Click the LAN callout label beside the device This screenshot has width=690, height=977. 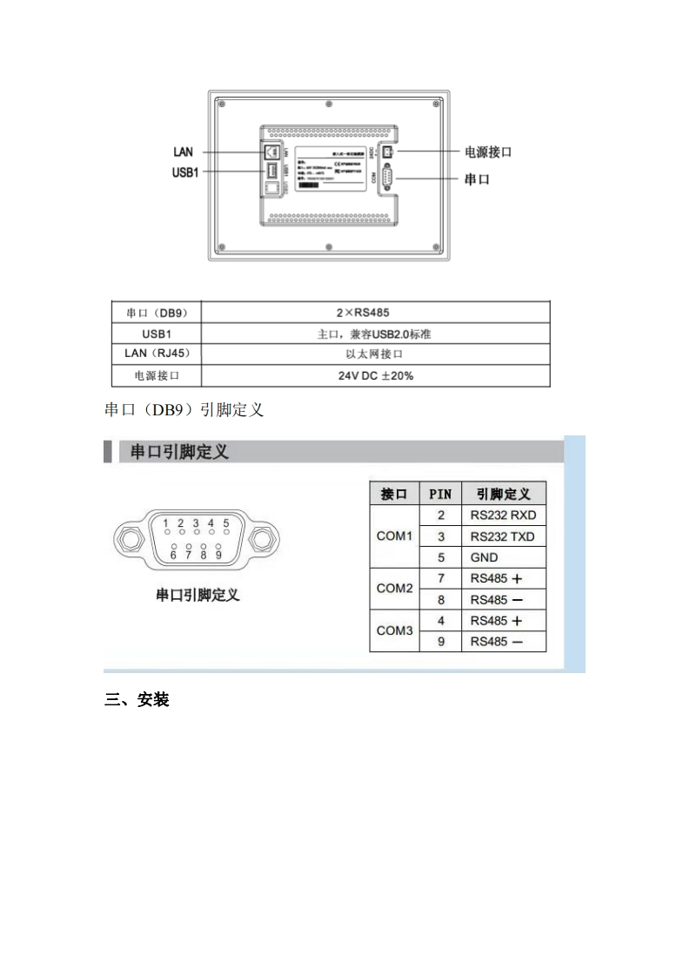point(183,152)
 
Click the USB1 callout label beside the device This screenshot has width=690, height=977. point(185,172)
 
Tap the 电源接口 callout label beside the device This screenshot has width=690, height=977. point(487,152)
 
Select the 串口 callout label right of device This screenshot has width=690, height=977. point(477,179)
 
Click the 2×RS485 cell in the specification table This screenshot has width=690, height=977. point(375,312)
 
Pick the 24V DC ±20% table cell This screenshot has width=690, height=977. point(375,376)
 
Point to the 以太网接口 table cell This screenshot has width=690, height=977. point(375,354)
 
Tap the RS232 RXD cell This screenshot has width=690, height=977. point(503,515)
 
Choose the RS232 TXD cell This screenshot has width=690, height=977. point(503,536)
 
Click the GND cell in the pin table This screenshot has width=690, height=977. point(484,557)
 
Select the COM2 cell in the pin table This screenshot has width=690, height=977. point(394,589)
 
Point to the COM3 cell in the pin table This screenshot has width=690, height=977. point(394,630)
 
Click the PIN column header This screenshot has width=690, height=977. point(440,494)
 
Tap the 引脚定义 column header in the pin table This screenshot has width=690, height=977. point(503,494)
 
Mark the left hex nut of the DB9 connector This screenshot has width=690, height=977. point(129,539)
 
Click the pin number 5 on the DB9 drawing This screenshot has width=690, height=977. point(225,523)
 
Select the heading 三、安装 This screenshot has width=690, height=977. point(137,699)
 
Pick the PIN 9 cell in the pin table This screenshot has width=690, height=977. point(440,642)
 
